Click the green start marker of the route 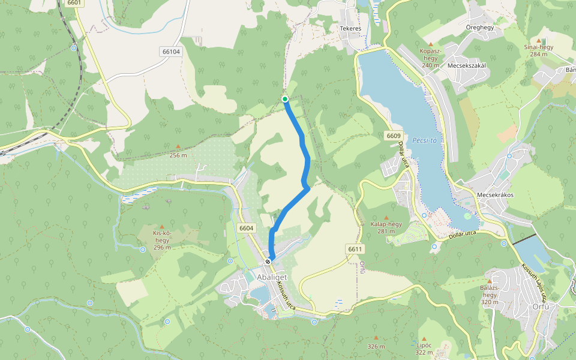[x=285, y=99]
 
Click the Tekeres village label [x=350, y=29]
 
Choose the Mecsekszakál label [x=466, y=66]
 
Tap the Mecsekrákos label [x=494, y=195]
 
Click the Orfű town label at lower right [x=541, y=307]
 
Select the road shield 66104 [x=171, y=52]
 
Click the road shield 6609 [x=394, y=136]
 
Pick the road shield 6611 [x=355, y=248]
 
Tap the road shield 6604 [x=246, y=228]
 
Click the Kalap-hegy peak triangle [x=386, y=217]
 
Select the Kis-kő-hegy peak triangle [x=161, y=226]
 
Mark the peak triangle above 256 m [x=178, y=147]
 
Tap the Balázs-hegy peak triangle [x=490, y=281]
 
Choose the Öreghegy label [x=479, y=28]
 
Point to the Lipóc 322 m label [x=424, y=349]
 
